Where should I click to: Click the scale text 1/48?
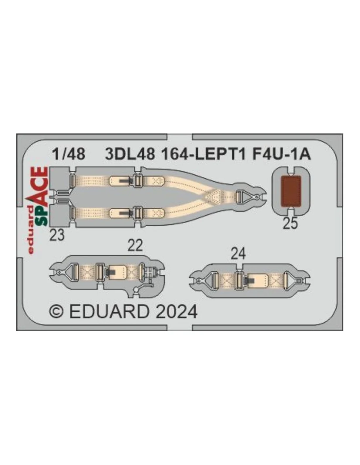69,154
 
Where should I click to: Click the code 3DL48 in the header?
130,154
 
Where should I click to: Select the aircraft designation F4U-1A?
281,154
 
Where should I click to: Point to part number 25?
290,223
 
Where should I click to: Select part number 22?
135,245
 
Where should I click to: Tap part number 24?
238,254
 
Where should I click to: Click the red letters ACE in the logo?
40,186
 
